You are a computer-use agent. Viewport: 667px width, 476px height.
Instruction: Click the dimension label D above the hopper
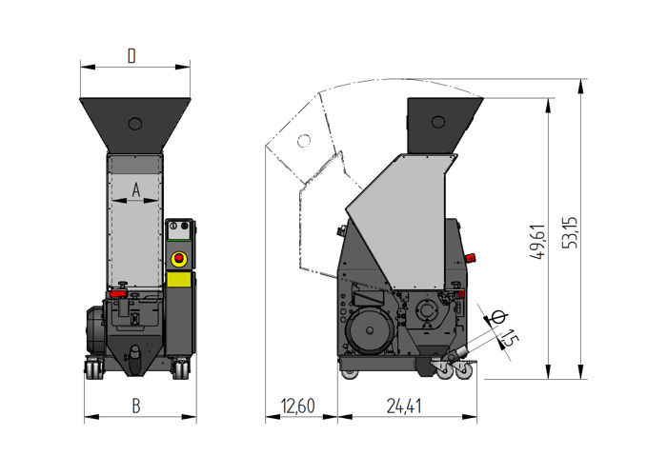tap(132, 56)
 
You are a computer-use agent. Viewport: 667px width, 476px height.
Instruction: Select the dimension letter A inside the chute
tap(135, 189)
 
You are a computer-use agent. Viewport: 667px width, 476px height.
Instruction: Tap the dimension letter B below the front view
tap(136, 406)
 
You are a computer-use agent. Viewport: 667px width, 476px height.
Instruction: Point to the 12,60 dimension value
tap(298, 407)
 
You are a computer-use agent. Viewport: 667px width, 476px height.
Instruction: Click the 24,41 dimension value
tap(406, 407)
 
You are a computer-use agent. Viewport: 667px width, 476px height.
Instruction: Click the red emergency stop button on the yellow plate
tap(177, 259)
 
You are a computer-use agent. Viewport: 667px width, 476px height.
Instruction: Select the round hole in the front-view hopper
tap(134, 123)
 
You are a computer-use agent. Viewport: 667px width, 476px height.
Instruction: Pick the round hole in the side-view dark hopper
tap(437, 121)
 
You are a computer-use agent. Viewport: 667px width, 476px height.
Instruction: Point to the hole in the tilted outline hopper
tap(303, 141)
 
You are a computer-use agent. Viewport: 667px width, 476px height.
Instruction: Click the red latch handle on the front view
tap(118, 295)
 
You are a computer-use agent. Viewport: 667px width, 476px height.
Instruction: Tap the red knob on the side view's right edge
tap(473, 258)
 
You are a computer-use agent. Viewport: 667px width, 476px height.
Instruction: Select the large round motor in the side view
tap(369, 333)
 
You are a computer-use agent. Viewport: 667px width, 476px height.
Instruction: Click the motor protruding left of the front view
tap(95, 329)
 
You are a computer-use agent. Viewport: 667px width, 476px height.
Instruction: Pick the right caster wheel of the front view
tap(179, 368)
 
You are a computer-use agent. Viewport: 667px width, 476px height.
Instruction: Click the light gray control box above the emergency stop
tap(178, 232)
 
